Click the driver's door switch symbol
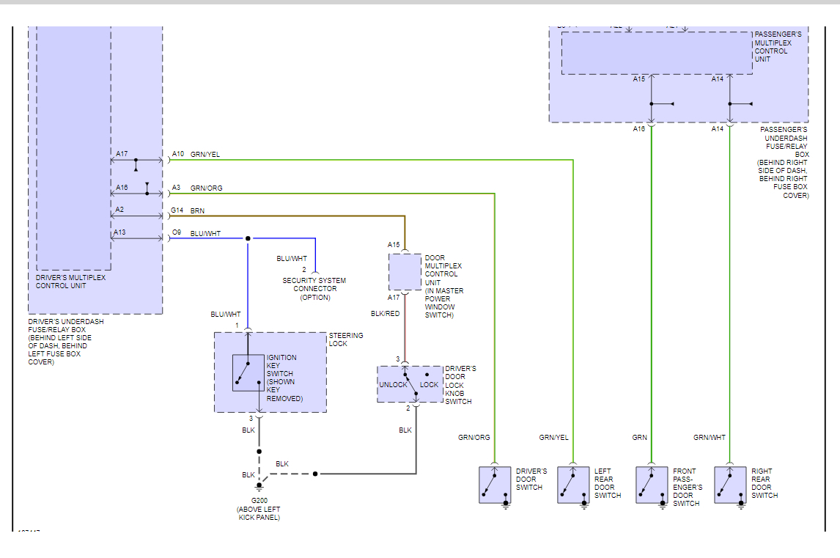tap(495, 485)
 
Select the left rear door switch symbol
tap(573, 485)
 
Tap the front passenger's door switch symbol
tap(652, 485)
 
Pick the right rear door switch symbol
tap(730, 485)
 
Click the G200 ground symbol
tap(259, 486)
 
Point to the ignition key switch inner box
tap(248, 372)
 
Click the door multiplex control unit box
tap(405, 272)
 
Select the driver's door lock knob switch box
tap(410, 384)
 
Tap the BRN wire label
tap(198, 210)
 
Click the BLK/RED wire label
tap(386, 314)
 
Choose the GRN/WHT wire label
tap(710, 438)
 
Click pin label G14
tap(177, 210)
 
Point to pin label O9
tap(177, 233)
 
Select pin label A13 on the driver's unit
tap(119, 233)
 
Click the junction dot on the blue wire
tap(248, 238)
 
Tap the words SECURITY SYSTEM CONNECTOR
tap(314, 284)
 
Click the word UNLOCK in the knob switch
tap(393, 385)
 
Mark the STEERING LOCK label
tap(345, 339)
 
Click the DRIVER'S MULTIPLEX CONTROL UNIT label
tap(71, 282)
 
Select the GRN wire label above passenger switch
tap(640, 438)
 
